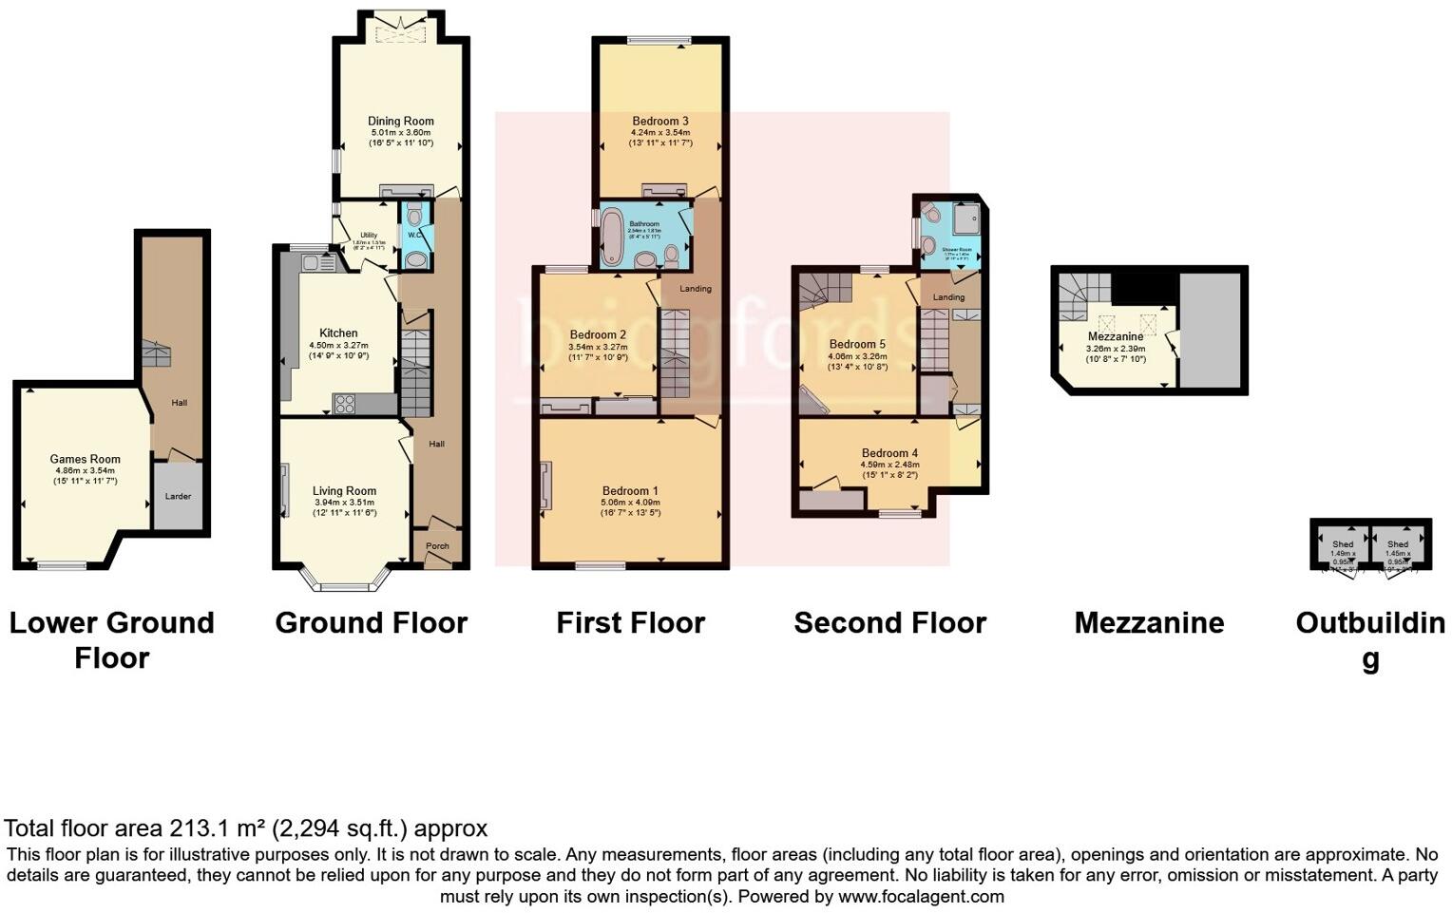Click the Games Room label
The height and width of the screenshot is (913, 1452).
click(x=86, y=459)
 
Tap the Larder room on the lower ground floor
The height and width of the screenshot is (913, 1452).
click(x=178, y=496)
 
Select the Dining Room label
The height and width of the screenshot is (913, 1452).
click(x=401, y=121)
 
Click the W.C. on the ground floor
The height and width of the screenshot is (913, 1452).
click(x=415, y=236)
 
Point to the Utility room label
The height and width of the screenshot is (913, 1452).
click(x=368, y=235)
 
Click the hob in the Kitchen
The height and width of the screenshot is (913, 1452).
click(x=344, y=404)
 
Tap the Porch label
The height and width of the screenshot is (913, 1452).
click(x=437, y=546)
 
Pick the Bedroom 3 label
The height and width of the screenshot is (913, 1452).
click(x=660, y=121)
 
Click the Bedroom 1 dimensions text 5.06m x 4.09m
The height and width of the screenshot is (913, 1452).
click(x=630, y=503)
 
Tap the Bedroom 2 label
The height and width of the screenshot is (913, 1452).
click(x=598, y=334)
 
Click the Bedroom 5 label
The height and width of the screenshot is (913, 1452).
click(x=857, y=344)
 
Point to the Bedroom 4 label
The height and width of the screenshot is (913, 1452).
click(x=890, y=453)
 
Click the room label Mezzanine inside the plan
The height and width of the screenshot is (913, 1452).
click(x=1116, y=336)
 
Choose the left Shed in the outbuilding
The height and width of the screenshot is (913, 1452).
click(x=1342, y=545)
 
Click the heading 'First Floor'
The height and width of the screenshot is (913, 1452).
click(x=630, y=623)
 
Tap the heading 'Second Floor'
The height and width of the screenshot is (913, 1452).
click(x=889, y=623)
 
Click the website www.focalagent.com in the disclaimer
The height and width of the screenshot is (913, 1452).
click(x=921, y=896)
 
